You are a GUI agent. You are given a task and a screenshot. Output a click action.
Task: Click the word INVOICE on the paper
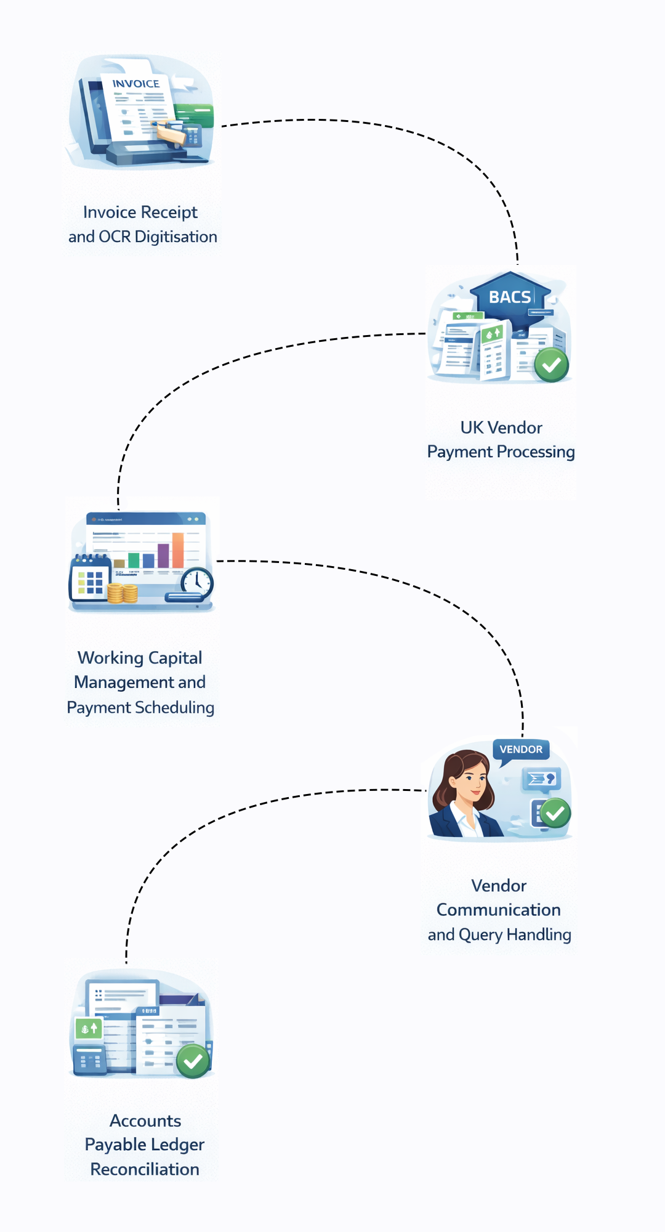pos(135,84)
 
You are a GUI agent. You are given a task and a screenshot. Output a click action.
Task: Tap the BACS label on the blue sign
pos(509,297)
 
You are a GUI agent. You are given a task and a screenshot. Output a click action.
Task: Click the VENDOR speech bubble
pos(521,750)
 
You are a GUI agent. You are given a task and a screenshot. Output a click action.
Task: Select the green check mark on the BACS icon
pos(551,365)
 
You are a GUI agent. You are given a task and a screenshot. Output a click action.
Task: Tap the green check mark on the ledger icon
pos(193,1061)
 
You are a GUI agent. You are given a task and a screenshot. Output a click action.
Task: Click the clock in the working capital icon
pos(197,581)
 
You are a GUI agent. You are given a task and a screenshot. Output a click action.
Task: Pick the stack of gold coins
pos(123,593)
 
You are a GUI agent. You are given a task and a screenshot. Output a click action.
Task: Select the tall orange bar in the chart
pos(178,550)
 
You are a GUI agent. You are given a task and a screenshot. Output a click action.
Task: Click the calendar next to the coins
pos(90,579)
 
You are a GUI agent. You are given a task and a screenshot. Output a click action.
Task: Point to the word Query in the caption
pos(480,935)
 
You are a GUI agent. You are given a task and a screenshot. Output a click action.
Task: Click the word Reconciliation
pos(145,1169)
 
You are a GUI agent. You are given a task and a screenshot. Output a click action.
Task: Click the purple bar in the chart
pos(163,556)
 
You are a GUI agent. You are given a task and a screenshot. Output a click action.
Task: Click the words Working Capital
pos(140,658)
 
